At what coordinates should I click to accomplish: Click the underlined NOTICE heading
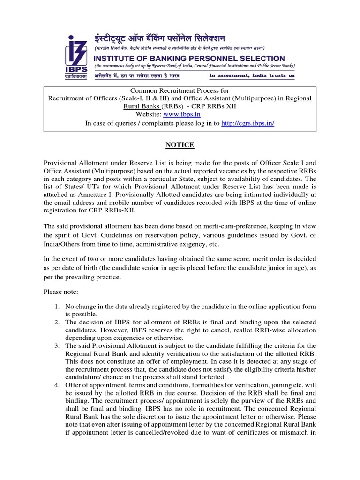pyautogui.click(x=180, y=145)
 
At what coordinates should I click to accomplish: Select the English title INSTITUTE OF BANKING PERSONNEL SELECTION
pyautogui.click(x=189, y=59)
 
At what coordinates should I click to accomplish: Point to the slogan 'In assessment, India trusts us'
pyautogui.click(x=252, y=75)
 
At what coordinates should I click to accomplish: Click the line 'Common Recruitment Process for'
pyautogui.click(x=180, y=90)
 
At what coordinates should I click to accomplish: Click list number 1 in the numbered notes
pyautogui.click(x=56, y=307)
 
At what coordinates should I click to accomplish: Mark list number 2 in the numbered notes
pyautogui.click(x=56, y=322)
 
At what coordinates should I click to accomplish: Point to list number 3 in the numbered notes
pyautogui.click(x=56, y=346)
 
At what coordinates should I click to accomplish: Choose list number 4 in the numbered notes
pyautogui.click(x=56, y=385)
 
